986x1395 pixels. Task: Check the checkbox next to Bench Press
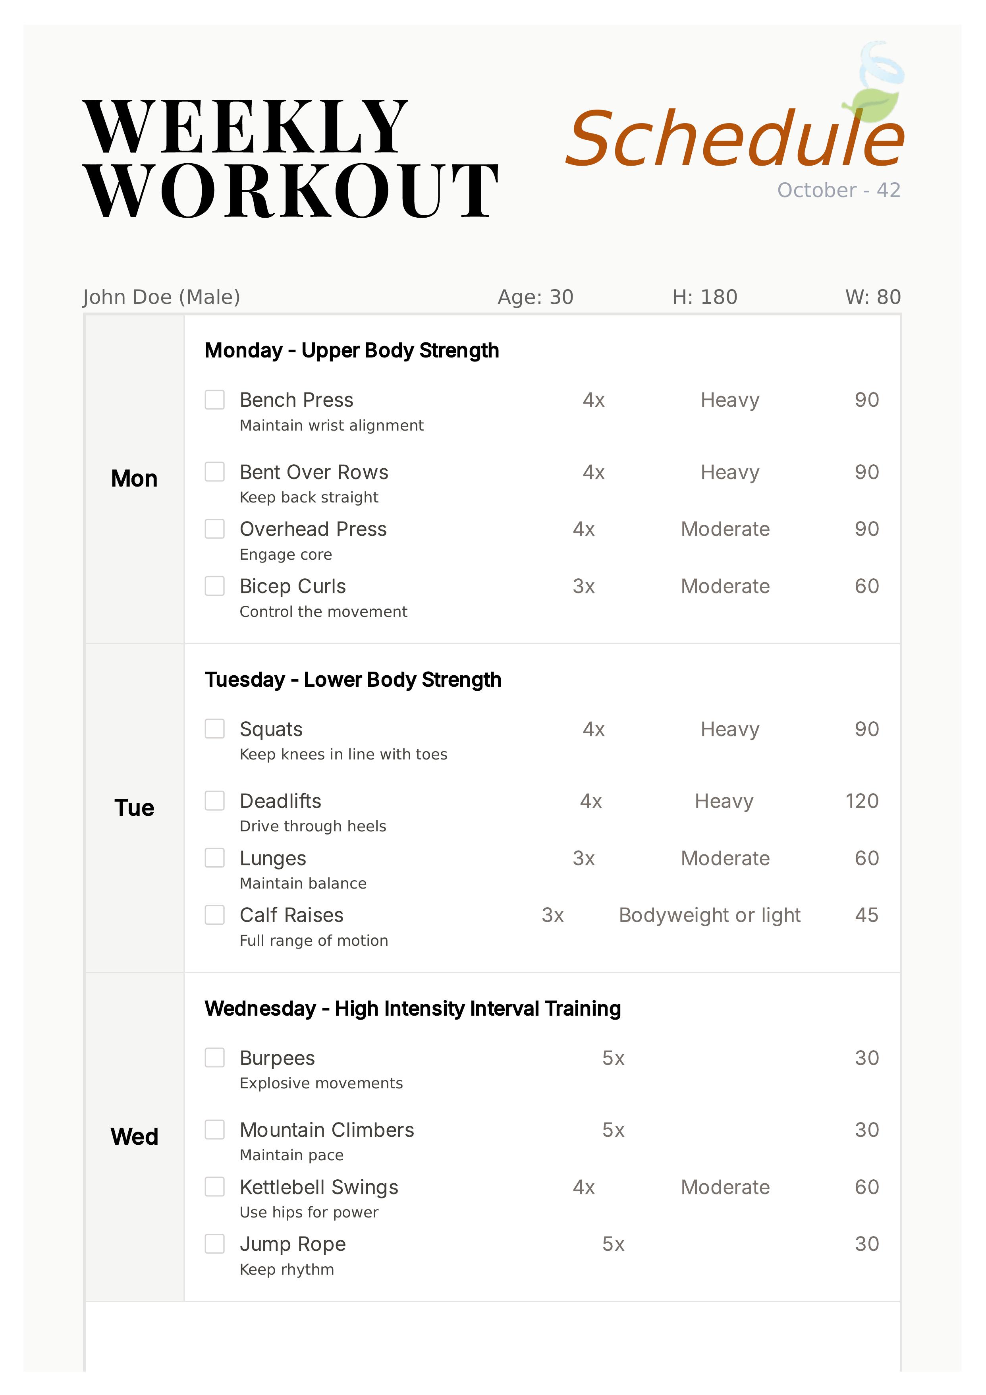tap(214, 400)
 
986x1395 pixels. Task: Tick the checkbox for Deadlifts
tap(214, 801)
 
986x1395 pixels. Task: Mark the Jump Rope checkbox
tap(214, 1244)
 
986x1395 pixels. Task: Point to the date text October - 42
tap(838, 190)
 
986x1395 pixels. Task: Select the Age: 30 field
tap(535, 297)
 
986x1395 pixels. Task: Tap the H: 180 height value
tap(705, 297)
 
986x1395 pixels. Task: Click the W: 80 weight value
tap(873, 297)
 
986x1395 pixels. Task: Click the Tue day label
tap(134, 808)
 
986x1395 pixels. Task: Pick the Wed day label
tap(134, 1137)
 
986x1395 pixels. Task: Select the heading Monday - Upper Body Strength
tap(352, 351)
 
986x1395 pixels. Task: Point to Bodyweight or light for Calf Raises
tap(710, 915)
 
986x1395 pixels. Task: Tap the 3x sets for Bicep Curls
tap(584, 586)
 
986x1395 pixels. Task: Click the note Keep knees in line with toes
tap(343, 755)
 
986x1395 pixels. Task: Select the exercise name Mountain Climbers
tap(327, 1130)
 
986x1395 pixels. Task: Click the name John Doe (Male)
tap(162, 297)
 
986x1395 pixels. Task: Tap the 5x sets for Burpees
tap(613, 1059)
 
